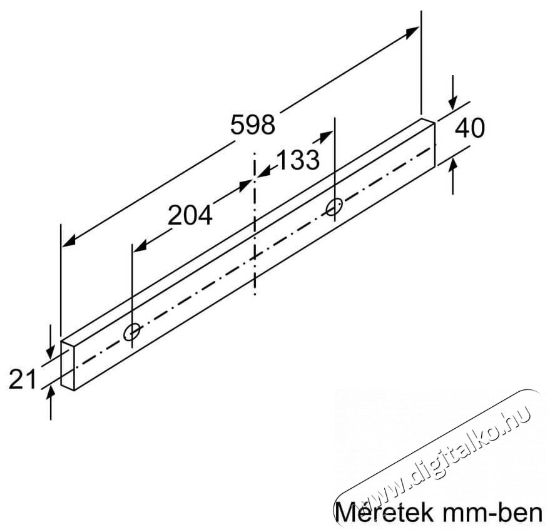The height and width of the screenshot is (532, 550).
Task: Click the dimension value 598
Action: click(x=252, y=125)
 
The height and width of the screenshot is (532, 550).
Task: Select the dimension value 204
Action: click(x=190, y=215)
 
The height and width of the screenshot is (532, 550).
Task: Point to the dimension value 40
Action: click(x=469, y=128)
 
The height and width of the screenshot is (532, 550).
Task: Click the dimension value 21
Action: click(x=23, y=379)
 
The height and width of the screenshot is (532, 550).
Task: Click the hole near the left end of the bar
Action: click(x=132, y=332)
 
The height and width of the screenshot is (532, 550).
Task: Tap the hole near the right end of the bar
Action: click(x=334, y=206)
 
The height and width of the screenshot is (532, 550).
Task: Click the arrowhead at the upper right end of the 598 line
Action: click(x=412, y=33)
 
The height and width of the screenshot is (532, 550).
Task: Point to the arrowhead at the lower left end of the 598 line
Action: click(x=69, y=240)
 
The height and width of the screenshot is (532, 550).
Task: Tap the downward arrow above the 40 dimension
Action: click(x=454, y=104)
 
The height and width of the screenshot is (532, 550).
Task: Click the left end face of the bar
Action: click(x=68, y=365)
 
